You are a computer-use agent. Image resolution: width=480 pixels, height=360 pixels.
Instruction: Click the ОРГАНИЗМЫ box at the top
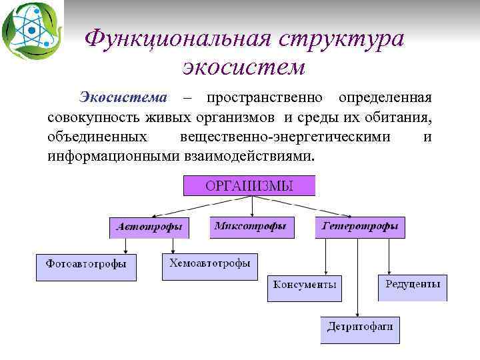(x=249, y=185)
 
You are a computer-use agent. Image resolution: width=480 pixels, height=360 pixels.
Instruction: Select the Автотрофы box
(x=149, y=227)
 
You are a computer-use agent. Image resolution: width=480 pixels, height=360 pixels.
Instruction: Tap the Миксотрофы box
(x=250, y=227)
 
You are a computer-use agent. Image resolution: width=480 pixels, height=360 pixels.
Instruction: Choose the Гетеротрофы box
(x=360, y=227)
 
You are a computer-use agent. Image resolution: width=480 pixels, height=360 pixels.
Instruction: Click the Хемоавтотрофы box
(x=209, y=265)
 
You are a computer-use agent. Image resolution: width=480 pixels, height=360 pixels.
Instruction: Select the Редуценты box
(x=412, y=286)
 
